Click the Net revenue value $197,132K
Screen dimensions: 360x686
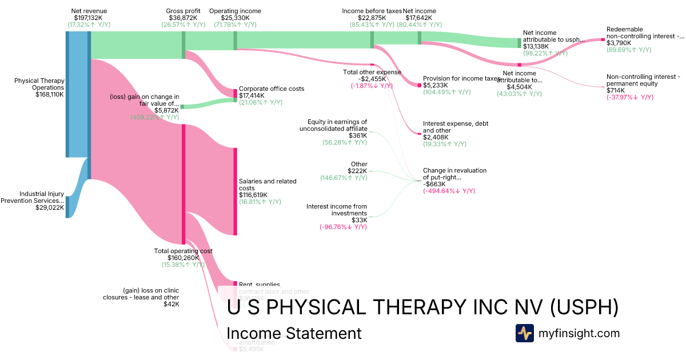pos(89,18)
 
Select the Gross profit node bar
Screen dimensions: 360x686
pos(184,45)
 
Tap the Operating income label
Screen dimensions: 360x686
pos(235,11)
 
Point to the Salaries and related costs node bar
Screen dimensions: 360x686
pos(235,191)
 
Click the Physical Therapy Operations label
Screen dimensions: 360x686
pos(39,84)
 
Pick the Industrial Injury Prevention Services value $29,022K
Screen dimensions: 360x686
pos(50,208)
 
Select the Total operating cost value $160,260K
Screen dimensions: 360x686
pos(183,258)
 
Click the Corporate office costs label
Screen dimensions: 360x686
pos(272,89)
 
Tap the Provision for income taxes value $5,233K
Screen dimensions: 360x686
pos(436,85)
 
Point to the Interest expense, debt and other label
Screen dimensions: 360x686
pos(456,127)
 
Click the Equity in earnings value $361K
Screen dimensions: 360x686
pos(357,136)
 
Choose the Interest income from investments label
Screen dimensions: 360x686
pos(337,210)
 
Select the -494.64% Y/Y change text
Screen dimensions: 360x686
pos(449,191)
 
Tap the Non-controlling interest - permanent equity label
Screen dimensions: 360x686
pos(643,80)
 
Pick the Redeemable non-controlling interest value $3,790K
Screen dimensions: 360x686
pos(619,43)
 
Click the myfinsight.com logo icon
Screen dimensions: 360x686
pos(524,333)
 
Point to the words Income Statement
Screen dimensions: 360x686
pos(294,333)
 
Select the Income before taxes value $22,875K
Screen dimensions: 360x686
pos(372,18)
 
